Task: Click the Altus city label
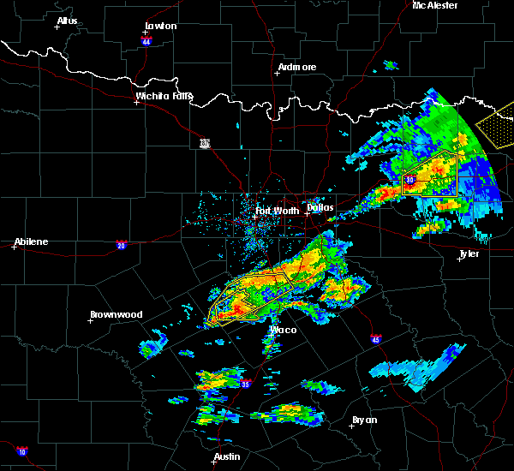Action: (x=67, y=20)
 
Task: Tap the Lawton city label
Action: (x=160, y=26)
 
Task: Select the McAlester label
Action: (x=435, y=5)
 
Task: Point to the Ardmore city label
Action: (x=297, y=67)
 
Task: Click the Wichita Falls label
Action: (x=164, y=96)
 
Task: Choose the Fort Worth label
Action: (x=277, y=210)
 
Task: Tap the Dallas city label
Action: (x=320, y=207)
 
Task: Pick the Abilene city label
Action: (x=31, y=241)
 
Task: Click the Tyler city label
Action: (x=469, y=253)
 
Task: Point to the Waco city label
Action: (x=284, y=330)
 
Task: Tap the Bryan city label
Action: (x=364, y=420)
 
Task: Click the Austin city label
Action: (x=227, y=456)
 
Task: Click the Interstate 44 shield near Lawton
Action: (x=146, y=41)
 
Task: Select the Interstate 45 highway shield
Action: (x=375, y=340)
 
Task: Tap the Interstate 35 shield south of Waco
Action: (x=245, y=384)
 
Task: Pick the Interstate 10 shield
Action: (x=21, y=451)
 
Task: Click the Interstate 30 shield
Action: (x=409, y=180)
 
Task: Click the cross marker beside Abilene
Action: (x=15, y=247)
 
